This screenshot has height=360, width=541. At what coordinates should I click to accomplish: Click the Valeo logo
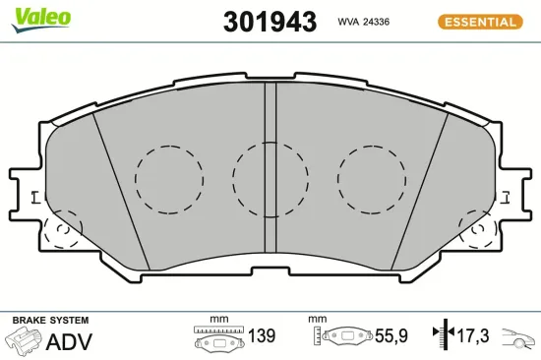click(41, 20)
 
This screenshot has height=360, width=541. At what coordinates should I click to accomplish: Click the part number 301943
click(270, 22)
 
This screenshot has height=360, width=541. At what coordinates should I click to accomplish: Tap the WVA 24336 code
click(363, 22)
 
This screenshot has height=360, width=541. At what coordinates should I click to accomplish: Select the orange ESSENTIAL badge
click(480, 22)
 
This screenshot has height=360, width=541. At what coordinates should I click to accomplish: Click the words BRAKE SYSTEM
click(51, 321)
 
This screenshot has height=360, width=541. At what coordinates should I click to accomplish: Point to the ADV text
click(69, 342)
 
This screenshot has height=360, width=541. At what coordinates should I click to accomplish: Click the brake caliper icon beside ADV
click(24, 339)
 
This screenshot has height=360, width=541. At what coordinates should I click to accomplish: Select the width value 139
click(262, 335)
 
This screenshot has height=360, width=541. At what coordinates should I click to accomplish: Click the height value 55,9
click(391, 335)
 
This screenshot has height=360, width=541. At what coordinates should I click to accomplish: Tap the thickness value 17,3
click(473, 335)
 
